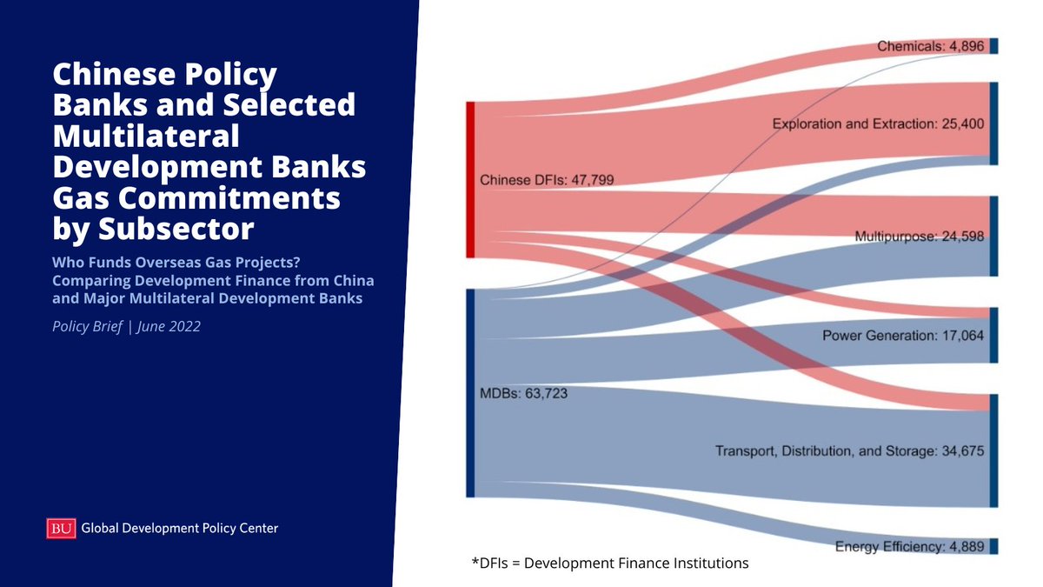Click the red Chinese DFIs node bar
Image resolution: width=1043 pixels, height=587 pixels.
[x=470, y=180]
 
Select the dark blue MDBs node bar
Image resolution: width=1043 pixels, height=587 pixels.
[x=470, y=393]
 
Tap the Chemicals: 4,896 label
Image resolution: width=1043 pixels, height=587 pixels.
[x=929, y=46]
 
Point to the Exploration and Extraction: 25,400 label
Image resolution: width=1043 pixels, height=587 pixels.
[x=879, y=124]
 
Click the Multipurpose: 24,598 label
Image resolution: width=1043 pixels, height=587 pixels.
[x=920, y=237]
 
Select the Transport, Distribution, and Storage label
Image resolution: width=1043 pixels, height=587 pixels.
[x=850, y=451]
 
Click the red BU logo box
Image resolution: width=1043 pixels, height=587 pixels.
[x=60, y=528]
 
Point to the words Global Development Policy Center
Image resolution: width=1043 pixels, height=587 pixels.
[x=180, y=528]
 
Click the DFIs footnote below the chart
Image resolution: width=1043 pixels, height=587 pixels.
[x=609, y=564]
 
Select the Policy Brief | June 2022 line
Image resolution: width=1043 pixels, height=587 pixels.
[x=127, y=327]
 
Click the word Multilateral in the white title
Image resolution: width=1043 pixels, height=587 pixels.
[x=146, y=136]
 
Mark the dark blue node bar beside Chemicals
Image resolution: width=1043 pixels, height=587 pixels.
[x=993, y=46]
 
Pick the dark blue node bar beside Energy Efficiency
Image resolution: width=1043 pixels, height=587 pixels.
[x=993, y=546]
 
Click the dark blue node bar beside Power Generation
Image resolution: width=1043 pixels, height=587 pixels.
[x=993, y=335]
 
